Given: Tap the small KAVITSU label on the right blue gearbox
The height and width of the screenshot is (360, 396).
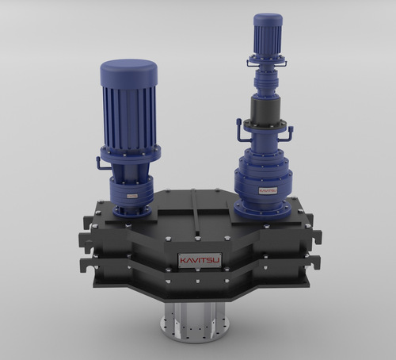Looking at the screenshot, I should coord(267,190).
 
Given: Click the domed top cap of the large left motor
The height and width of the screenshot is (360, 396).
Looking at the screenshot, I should coord(128,72).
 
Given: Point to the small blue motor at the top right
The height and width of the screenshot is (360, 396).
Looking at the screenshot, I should coord(268,33).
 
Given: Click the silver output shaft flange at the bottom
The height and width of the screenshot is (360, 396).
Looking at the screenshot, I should coord(193,329).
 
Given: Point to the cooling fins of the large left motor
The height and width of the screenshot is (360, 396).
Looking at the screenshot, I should coord(128,115).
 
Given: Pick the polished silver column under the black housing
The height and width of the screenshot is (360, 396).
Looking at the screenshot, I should coord(193,309).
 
